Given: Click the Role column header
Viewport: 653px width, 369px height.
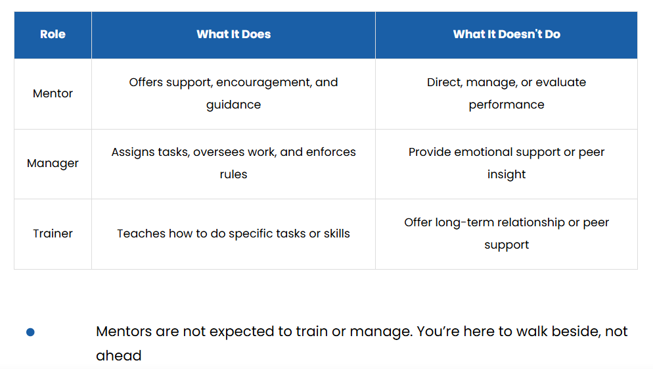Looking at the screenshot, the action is tap(53, 34).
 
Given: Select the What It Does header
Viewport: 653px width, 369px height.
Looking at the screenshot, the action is tap(234, 34).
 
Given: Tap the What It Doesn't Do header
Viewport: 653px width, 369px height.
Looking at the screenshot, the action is tap(507, 34).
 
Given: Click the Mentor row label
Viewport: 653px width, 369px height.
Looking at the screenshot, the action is tap(53, 93).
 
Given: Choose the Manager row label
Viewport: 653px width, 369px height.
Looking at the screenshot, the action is tap(53, 163).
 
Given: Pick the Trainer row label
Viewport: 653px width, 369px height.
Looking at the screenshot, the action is tap(53, 234).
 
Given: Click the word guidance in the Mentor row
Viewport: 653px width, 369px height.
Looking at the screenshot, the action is tap(234, 105).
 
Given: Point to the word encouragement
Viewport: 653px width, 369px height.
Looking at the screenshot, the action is tap(263, 83).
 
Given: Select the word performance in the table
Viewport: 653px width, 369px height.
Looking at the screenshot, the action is tap(507, 105).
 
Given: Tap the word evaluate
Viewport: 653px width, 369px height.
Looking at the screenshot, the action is tap(560, 83).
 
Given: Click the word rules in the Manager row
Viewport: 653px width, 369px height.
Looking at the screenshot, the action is tap(234, 174).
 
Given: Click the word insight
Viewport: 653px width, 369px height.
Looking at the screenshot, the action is tap(507, 175).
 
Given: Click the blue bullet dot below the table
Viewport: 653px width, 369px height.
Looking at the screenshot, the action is tap(30, 332).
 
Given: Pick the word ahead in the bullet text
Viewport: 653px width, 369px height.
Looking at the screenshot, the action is tap(119, 356).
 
